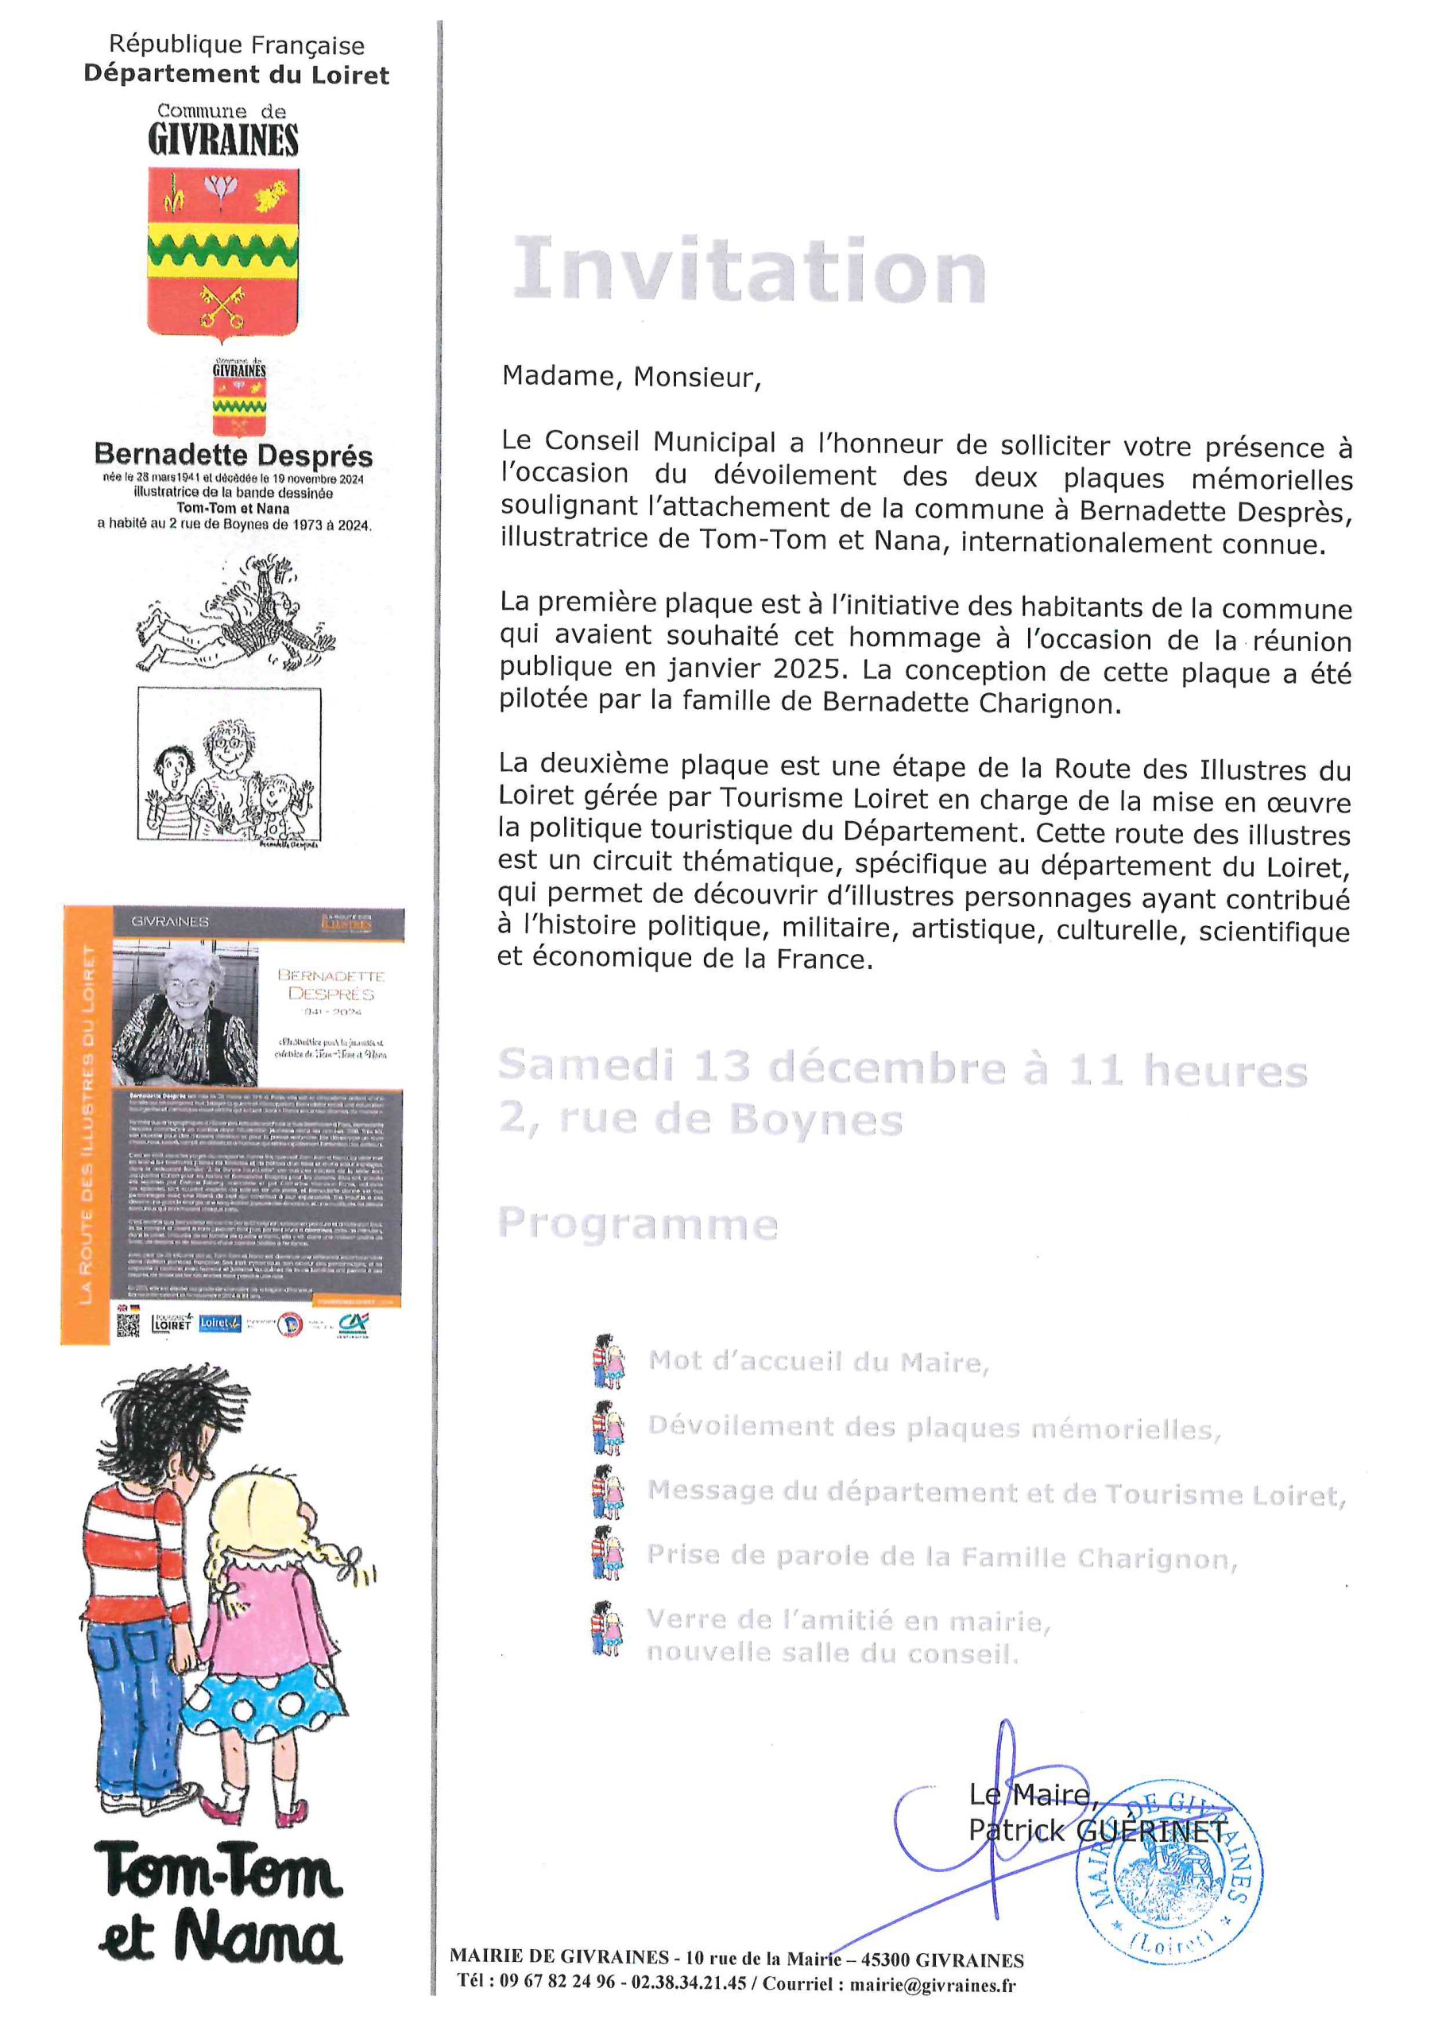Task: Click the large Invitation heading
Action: coord(749,269)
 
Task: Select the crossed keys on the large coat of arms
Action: coord(222,306)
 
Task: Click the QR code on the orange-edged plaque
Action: coord(129,1324)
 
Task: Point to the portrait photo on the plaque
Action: coord(184,1013)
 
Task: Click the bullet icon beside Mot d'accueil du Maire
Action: coord(608,1360)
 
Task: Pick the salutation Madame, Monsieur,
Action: coord(631,377)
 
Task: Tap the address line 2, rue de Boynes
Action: coord(700,1119)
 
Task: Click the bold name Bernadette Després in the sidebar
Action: coord(233,455)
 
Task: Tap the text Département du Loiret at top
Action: coord(236,75)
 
